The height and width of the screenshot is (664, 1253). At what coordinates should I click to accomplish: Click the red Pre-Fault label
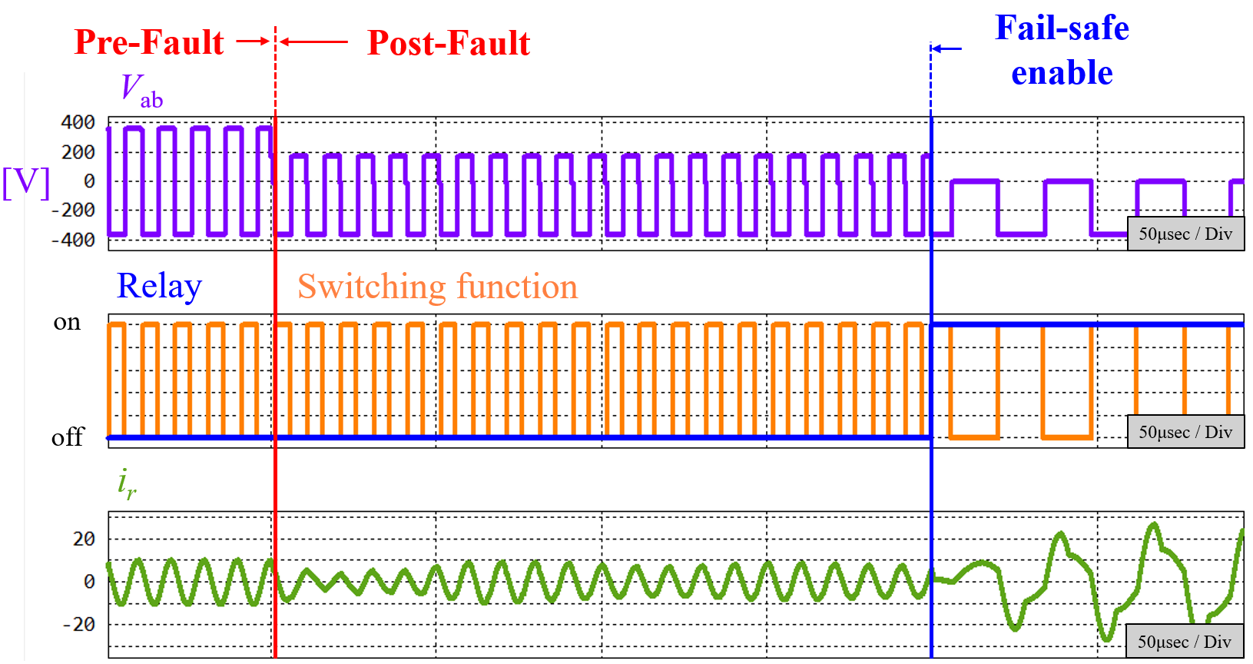tap(149, 42)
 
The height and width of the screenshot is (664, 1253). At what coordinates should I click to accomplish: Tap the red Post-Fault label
tap(449, 43)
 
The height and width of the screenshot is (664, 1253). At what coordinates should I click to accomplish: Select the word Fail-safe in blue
tap(1062, 28)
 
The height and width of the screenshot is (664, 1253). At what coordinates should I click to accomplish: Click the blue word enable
tap(1062, 73)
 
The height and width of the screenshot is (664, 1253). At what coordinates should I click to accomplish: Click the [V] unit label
tap(26, 182)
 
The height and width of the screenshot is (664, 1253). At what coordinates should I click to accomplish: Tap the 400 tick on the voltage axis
tap(78, 122)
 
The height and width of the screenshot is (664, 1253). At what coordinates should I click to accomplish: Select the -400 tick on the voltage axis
tap(74, 240)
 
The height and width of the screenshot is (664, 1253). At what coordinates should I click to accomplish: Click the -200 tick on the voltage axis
tap(74, 210)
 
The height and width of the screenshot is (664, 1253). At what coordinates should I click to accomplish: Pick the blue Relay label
tap(159, 286)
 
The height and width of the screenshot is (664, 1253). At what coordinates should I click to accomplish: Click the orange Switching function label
tap(437, 287)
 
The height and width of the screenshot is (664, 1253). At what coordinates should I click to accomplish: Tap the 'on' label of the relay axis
tap(67, 322)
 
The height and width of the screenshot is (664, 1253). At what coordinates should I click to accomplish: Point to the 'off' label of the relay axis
tap(67, 437)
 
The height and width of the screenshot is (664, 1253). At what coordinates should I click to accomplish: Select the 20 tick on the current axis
tap(84, 539)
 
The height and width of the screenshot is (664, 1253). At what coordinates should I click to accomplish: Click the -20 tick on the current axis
tap(79, 624)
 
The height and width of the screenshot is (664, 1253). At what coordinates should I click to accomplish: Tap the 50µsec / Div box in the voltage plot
tap(1185, 234)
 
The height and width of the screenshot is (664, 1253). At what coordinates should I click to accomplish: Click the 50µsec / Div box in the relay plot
tap(1185, 432)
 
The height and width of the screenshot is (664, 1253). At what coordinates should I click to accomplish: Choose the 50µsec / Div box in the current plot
tap(1185, 642)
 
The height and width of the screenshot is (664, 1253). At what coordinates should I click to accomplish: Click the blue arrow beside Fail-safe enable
tap(946, 49)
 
